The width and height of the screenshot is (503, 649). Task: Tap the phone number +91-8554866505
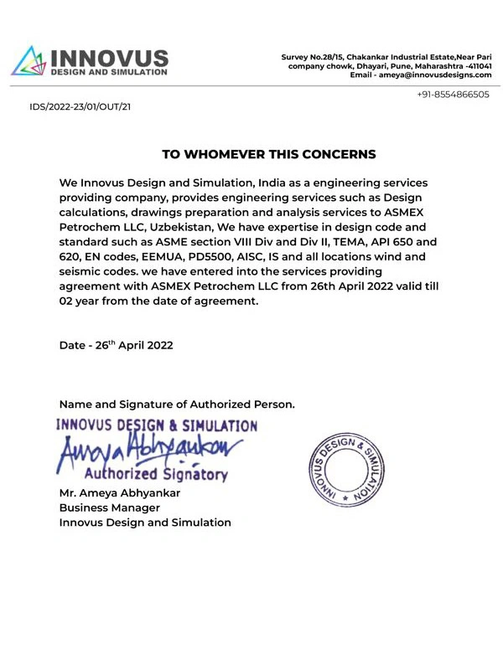[x=453, y=95]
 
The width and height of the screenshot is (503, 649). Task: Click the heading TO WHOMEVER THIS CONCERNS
[x=268, y=154]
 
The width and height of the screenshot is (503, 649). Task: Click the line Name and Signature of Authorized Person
[x=177, y=404]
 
